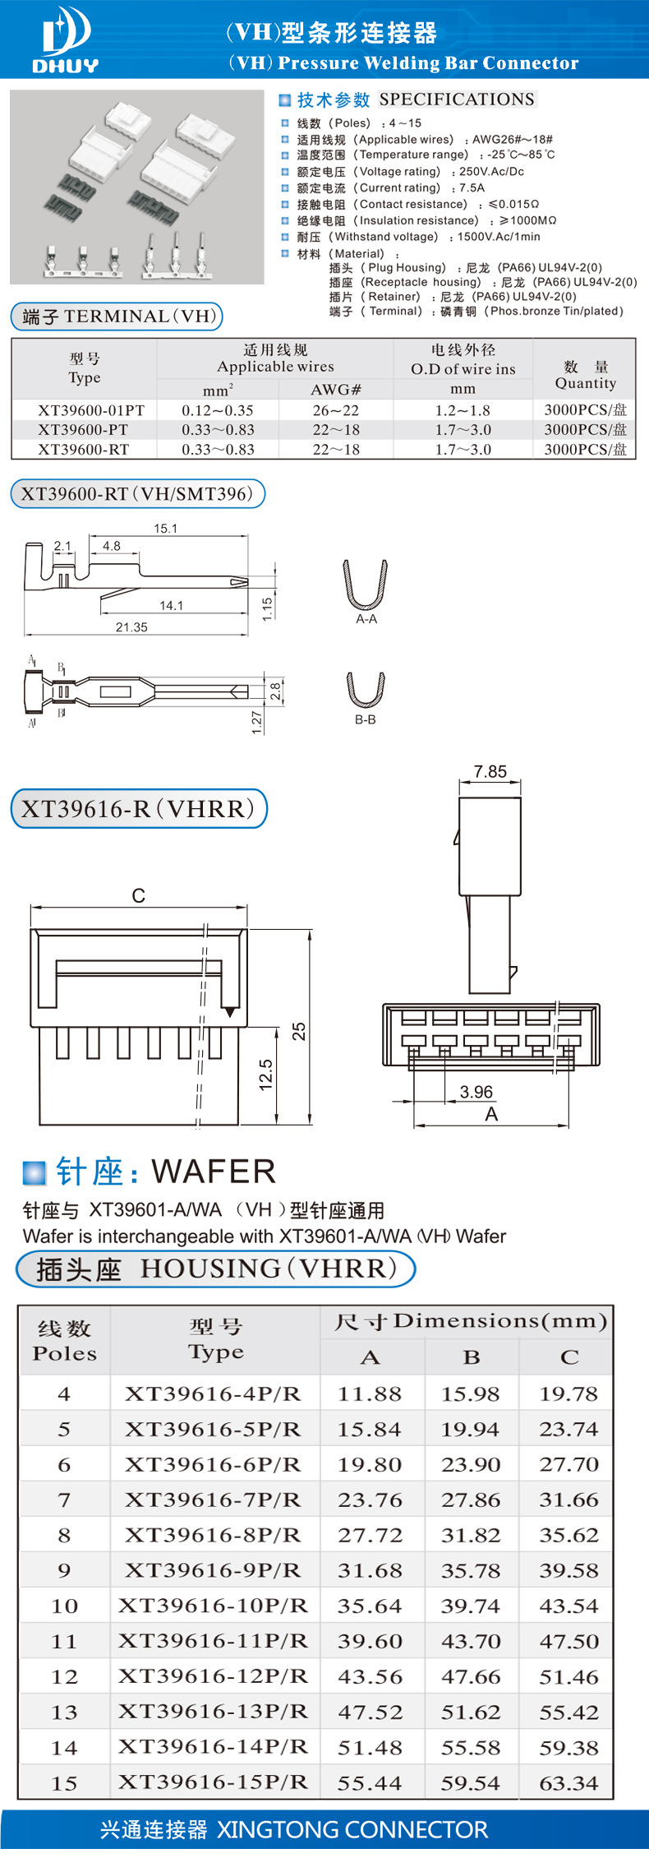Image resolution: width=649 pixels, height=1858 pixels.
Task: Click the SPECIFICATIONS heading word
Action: tap(457, 99)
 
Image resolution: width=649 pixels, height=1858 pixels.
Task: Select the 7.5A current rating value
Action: tap(472, 187)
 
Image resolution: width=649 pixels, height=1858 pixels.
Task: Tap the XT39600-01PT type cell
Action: tap(90, 410)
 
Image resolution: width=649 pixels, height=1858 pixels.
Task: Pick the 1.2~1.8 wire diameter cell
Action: tap(463, 410)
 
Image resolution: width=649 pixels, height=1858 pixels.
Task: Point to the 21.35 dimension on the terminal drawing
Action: tap(131, 627)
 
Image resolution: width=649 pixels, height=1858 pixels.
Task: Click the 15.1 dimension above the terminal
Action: tap(165, 529)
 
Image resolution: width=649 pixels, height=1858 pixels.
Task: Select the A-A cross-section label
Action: tap(366, 619)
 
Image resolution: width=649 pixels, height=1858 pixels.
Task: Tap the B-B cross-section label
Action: tap(366, 719)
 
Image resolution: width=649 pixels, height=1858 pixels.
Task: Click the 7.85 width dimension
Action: tap(490, 772)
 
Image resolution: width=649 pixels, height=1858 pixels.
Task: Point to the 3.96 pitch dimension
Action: tap(476, 1092)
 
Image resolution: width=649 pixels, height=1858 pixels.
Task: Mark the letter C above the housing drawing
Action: tap(138, 896)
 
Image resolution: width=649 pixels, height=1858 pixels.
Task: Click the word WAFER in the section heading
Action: tap(214, 1172)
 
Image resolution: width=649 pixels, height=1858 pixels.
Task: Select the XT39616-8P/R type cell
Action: tap(213, 1535)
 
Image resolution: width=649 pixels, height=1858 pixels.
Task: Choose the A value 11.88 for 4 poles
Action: tap(369, 1393)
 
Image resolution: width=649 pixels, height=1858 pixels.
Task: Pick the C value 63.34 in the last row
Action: tap(568, 1783)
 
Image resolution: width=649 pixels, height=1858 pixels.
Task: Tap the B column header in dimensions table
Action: tap(472, 1357)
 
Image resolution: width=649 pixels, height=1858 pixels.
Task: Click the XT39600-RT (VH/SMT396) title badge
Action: tap(137, 494)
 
